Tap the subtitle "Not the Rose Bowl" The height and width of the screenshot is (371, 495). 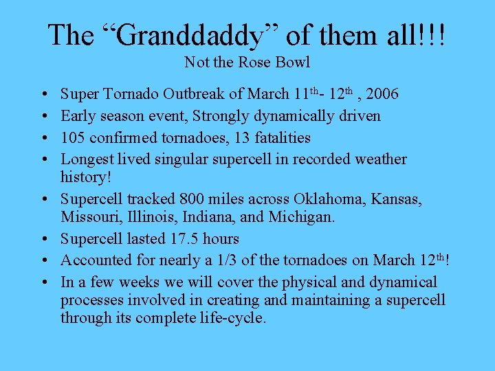pos(247,63)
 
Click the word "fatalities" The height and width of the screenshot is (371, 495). pos(283,138)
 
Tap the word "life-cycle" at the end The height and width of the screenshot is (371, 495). pos(231,318)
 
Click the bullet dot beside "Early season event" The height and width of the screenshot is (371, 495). pos(43,116)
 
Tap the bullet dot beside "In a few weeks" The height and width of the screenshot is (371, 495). pos(43,282)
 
